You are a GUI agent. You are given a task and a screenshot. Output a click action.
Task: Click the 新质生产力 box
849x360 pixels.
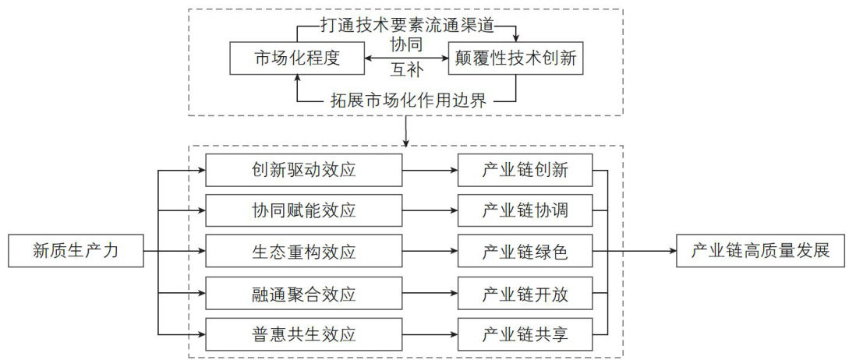click(x=76, y=251)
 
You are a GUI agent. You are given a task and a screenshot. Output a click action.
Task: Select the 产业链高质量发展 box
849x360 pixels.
click(x=759, y=251)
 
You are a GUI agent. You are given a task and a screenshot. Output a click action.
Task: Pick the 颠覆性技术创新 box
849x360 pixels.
click(x=515, y=59)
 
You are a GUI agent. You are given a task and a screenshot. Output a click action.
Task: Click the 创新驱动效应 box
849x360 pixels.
click(x=305, y=169)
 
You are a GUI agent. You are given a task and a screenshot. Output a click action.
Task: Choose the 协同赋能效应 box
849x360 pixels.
click(x=305, y=210)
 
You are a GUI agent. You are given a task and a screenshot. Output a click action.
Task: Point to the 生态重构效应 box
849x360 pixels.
click(x=305, y=251)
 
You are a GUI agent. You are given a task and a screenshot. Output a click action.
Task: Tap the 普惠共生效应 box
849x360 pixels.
click(x=305, y=335)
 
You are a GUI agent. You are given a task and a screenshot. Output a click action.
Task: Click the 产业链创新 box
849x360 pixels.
click(x=525, y=169)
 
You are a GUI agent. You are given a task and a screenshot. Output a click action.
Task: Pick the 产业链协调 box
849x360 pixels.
click(x=525, y=210)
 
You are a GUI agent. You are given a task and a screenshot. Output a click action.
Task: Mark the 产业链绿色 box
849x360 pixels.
click(x=525, y=251)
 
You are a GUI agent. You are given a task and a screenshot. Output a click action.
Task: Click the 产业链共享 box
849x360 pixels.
click(x=525, y=335)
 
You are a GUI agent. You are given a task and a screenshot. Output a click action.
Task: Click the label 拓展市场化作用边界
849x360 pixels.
click(x=405, y=99)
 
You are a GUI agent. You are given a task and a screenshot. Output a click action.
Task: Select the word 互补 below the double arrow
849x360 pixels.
click(x=406, y=74)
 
